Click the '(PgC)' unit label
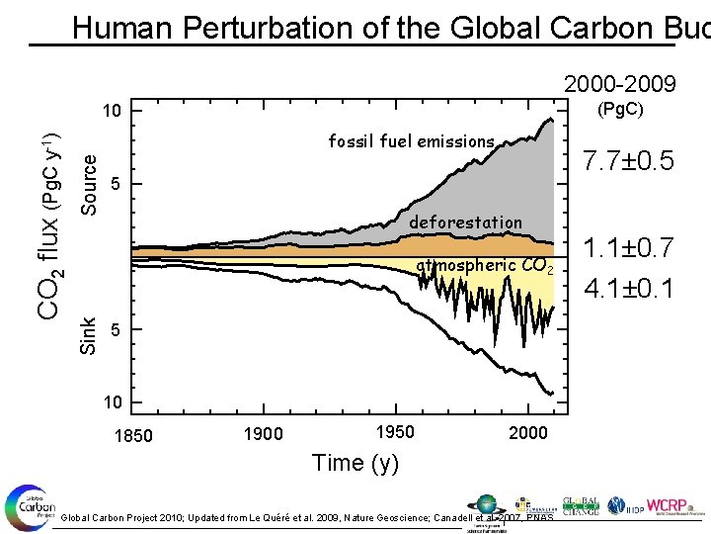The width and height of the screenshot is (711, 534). tap(618, 109)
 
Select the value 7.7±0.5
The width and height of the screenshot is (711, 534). tap(628, 159)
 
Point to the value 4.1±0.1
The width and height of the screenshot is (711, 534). tap(629, 289)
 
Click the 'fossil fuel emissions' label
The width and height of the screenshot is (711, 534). tap(411, 141)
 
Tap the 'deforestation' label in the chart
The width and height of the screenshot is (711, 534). tap(465, 222)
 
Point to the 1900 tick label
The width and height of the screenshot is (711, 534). tap(264, 433)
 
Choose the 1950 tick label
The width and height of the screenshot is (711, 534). tap(395, 431)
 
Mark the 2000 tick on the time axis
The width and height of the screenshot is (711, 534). tap(528, 433)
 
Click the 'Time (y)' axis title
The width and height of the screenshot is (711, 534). tap(355, 463)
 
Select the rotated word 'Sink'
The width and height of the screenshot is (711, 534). tap(89, 334)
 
